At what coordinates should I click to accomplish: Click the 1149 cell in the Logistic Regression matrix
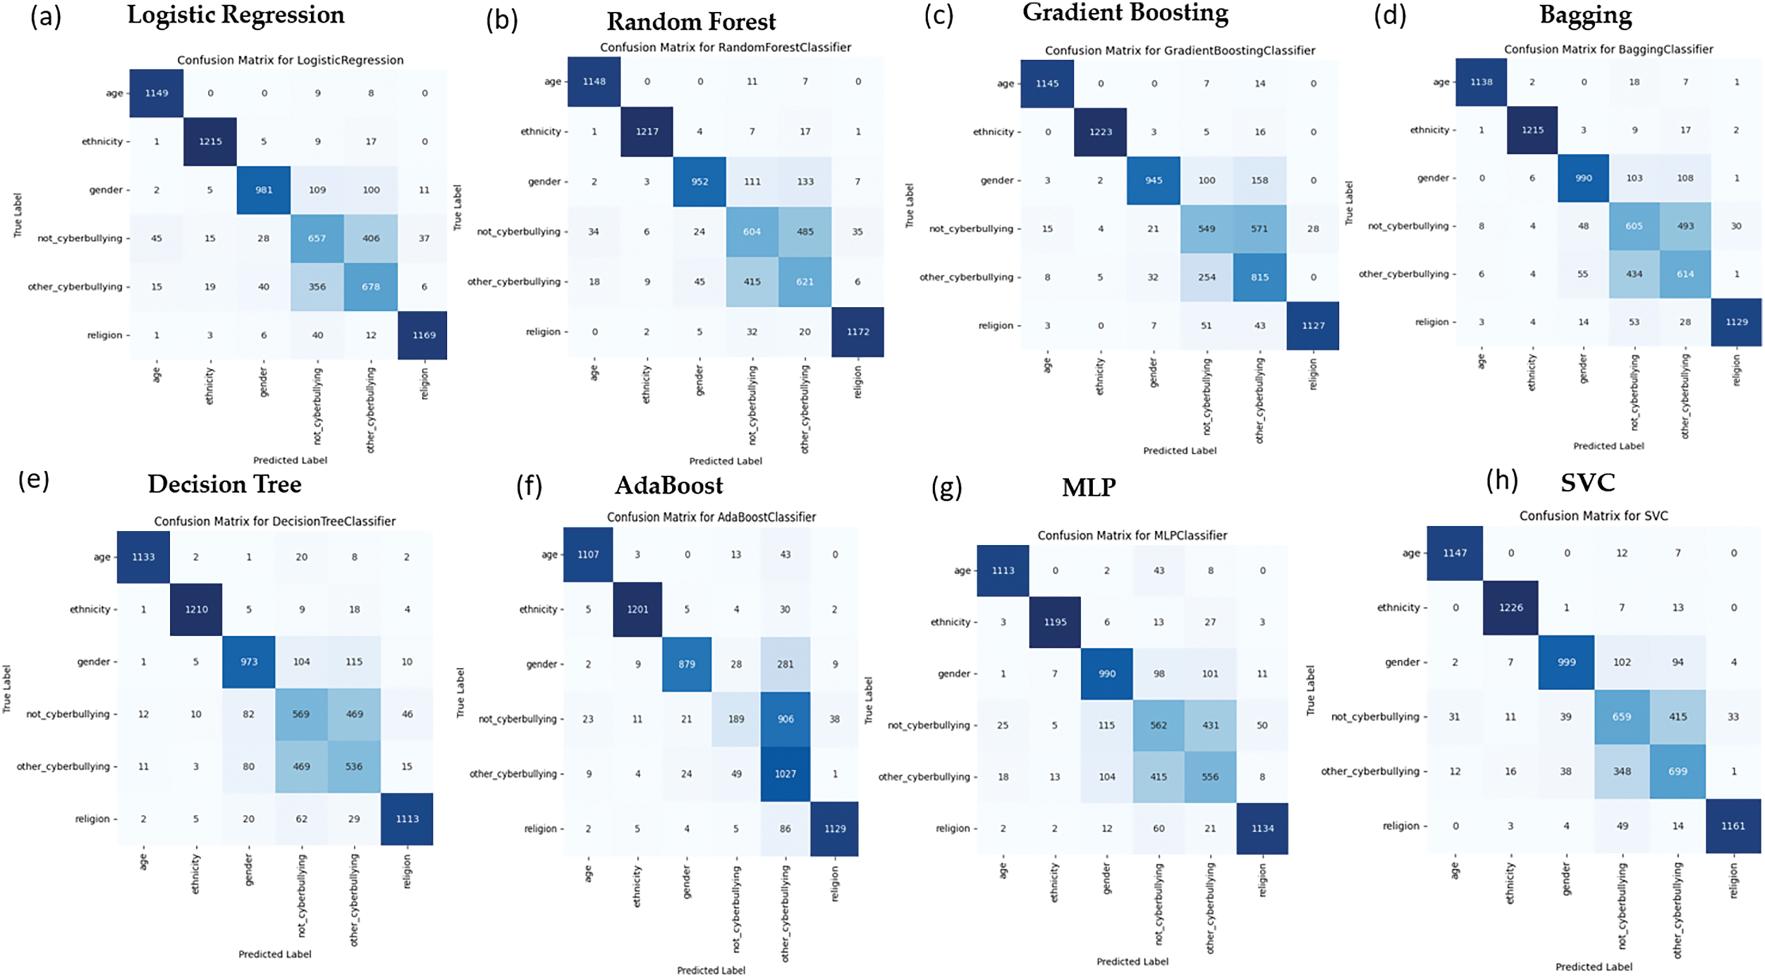click(x=156, y=93)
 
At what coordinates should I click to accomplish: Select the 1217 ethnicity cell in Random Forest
click(x=647, y=132)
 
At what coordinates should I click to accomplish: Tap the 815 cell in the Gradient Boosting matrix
click(x=1259, y=277)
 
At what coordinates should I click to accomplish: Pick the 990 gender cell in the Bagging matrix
click(x=1583, y=178)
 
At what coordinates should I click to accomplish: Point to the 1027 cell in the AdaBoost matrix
click(x=785, y=774)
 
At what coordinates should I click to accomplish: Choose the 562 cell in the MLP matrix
click(x=1159, y=725)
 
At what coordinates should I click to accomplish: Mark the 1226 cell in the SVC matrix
click(x=1511, y=608)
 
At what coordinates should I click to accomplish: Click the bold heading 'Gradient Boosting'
click(x=1125, y=13)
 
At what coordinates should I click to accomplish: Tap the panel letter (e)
click(x=33, y=480)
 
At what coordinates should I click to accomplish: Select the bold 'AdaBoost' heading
click(x=669, y=485)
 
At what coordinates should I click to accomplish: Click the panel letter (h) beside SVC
click(x=1502, y=481)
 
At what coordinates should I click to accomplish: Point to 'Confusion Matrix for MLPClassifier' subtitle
click(x=1132, y=535)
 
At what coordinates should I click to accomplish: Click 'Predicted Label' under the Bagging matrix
click(x=1608, y=446)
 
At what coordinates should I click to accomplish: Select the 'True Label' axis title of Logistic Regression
click(x=18, y=215)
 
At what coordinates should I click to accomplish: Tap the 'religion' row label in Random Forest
click(x=543, y=332)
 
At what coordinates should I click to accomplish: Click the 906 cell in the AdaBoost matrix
click(x=785, y=719)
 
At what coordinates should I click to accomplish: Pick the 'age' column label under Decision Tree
click(x=144, y=863)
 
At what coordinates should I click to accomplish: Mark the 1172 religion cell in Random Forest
click(x=857, y=332)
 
